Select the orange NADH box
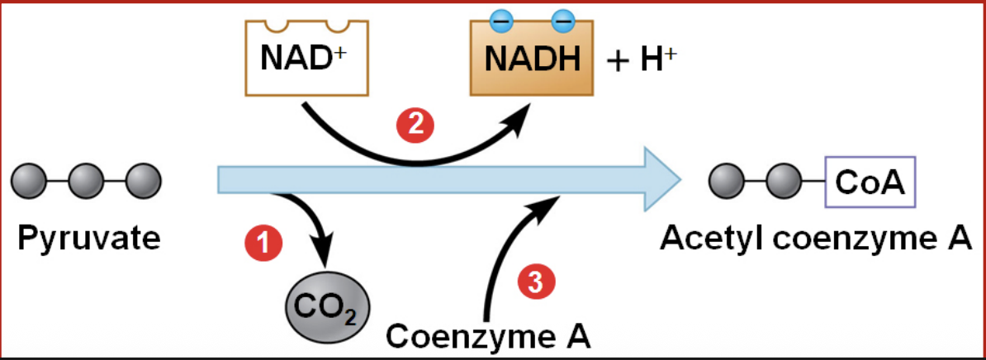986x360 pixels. [x=533, y=59]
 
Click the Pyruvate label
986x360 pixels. [x=89, y=239]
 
